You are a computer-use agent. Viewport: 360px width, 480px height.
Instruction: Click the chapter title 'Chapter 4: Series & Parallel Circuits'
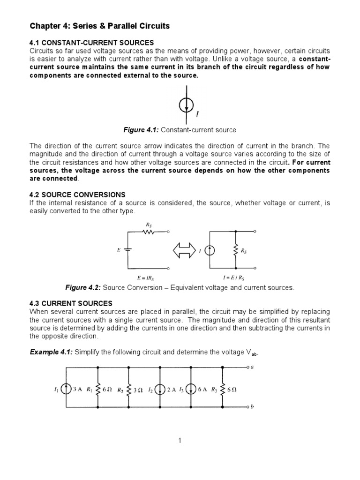pos(99,26)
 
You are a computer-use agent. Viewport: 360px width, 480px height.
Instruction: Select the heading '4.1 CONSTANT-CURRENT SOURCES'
pos(92,43)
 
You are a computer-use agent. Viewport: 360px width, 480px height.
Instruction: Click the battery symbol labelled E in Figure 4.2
pos(128,250)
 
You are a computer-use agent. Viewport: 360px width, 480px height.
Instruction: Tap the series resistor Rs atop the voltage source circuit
pos(149,232)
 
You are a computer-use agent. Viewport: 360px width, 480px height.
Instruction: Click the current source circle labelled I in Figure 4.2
pos(210,251)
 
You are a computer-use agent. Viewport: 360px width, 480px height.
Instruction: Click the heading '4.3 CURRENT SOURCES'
pos(71,304)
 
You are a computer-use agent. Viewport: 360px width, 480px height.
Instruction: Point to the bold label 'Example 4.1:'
pos(50,352)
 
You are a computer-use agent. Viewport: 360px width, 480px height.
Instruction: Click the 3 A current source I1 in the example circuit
pos(67,389)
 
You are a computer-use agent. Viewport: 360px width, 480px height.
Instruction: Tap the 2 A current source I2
pos(160,389)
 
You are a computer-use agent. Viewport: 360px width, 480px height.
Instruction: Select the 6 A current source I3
pos(192,389)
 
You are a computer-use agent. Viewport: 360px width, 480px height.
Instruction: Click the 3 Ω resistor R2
pos(129,389)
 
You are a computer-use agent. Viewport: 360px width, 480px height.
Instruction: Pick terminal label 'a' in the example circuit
pos(252,367)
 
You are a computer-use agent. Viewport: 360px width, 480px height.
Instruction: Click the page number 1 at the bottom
pos(180,440)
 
